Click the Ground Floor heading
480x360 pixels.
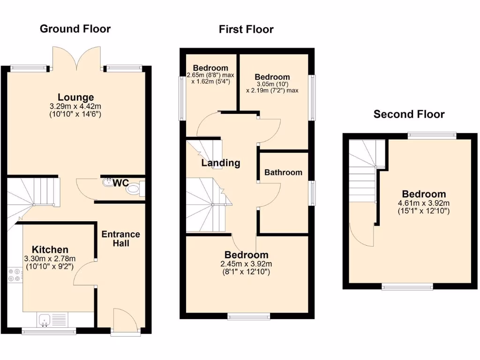(x=75, y=29)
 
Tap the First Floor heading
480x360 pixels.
(x=246, y=30)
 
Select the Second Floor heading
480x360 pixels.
(x=409, y=114)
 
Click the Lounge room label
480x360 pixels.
(x=76, y=97)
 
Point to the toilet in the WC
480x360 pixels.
(x=135, y=189)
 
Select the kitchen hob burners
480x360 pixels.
(x=14, y=274)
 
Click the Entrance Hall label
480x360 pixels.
(x=121, y=239)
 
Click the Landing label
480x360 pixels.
(x=221, y=163)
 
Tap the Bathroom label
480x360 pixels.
(x=283, y=172)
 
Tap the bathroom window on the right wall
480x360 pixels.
(x=312, y=193)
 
